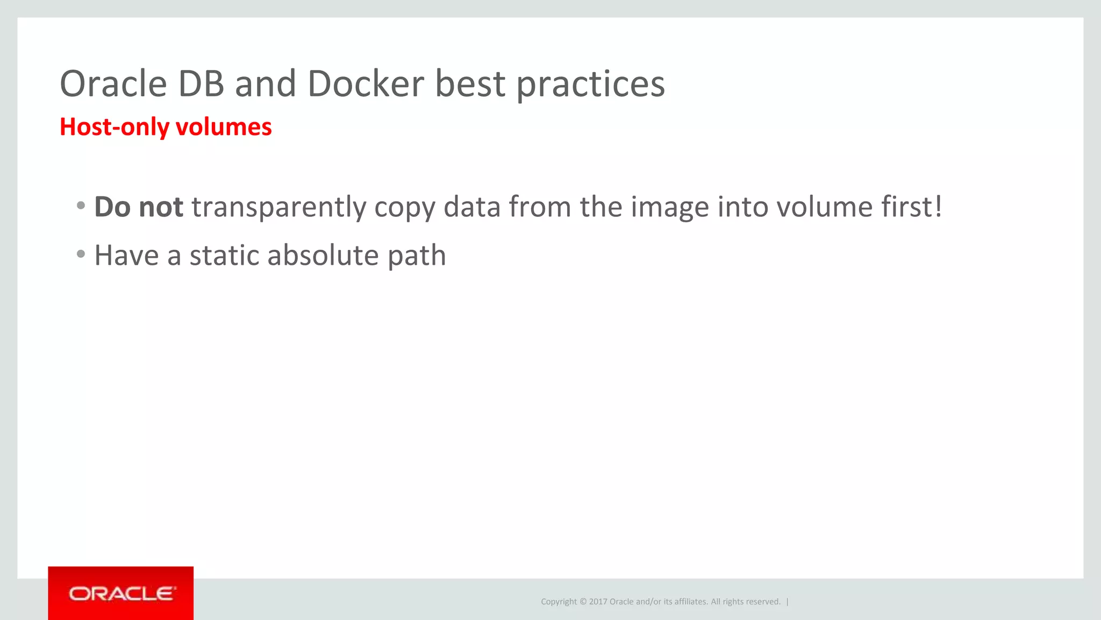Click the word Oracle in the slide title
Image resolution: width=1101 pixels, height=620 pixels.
tap(113, 84)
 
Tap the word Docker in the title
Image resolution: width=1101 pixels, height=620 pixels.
tap(366, 84)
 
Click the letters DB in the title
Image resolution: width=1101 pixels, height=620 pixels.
tap(201, 84)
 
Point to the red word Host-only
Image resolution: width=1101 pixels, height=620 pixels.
tap(114, 127)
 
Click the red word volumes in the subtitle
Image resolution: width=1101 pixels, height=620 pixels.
tap(223, 127)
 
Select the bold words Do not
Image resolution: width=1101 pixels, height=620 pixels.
tap(139, 207)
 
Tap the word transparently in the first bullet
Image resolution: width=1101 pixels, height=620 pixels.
tap(278, 208)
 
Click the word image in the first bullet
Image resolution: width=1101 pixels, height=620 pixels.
tap(669, 208)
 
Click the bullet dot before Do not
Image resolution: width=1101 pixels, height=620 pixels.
tap(81, 205)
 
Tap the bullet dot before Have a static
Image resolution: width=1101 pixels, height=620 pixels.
tap(81, 253)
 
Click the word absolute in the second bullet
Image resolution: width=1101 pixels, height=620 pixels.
tap(323, 255)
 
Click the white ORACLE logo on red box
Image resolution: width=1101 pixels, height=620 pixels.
tap(121, 594)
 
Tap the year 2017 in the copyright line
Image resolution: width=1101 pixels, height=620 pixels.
tap(598, 602)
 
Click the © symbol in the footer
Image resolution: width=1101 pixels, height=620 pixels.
tap(583, 602)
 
